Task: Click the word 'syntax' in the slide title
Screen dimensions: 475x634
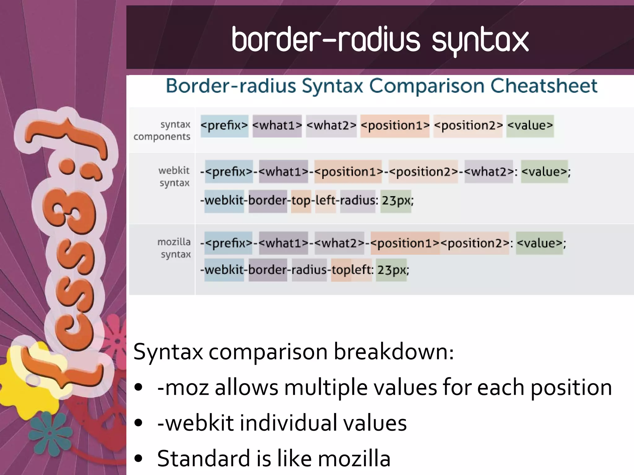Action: click(480, 40)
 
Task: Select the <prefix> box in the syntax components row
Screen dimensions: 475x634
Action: click(224, 126)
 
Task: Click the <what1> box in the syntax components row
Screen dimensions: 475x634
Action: click(277, 126)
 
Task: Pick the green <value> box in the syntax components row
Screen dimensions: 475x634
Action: click(530, 126)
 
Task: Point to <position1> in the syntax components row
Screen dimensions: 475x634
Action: click(395, 126)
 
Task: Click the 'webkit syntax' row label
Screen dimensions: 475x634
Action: click(174, 176)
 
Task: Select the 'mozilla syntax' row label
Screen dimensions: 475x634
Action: click(174, 248)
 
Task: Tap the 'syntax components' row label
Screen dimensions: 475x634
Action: click(162, 130)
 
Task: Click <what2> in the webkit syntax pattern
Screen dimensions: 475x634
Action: click(489, 172)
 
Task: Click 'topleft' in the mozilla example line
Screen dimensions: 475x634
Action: click(351, 270)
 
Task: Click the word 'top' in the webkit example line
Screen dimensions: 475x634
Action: click(301, 201)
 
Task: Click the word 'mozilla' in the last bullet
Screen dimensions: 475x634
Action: click(354, 459)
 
